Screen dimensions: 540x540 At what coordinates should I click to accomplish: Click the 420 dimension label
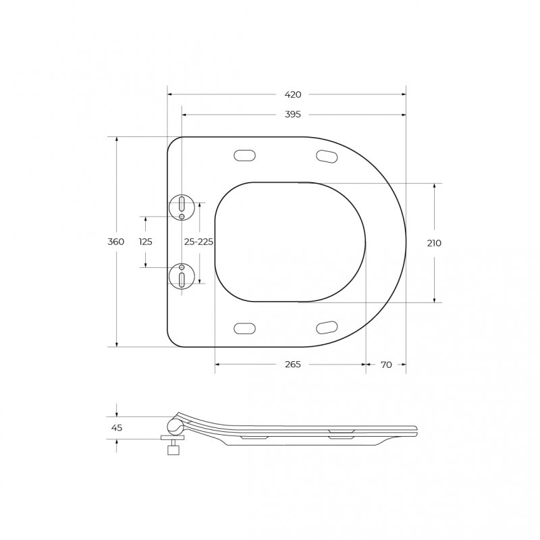[293, 94]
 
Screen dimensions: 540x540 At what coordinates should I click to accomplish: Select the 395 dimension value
[293, 114]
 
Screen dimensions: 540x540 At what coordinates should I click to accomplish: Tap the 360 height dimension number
[115, 242]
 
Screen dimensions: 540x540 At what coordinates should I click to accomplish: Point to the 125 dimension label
[146, 242]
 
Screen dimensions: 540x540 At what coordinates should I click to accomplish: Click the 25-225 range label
[198, 242]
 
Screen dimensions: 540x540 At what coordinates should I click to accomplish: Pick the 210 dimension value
[434, 243]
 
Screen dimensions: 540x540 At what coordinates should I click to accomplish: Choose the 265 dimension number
[293, 364]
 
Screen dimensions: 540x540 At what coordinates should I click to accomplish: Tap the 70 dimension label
[386, 364]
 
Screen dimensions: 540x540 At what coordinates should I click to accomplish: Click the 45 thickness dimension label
[117, 428]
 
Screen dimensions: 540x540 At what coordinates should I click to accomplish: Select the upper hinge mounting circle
[182, 207]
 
